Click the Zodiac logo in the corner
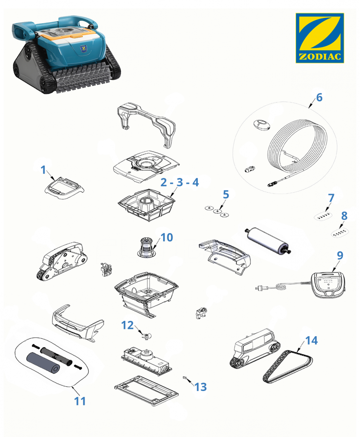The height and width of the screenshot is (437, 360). pos(320,38)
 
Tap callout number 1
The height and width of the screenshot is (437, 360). pos(43,169)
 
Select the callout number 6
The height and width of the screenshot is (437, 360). pos(319,97)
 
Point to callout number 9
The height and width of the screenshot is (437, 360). pos(340,255)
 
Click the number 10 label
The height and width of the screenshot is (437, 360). pos(167,238)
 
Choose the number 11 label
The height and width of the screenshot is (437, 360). pos(80,401)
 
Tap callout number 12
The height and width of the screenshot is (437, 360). pos(127,325)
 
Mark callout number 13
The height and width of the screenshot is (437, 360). pos(200,387)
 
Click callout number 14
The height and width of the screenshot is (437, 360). pos(311,340)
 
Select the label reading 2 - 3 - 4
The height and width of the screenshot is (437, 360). pos(180,182)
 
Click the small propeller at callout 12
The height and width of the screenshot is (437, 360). pos(146,337)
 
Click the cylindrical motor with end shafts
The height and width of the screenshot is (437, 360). pos(268,241)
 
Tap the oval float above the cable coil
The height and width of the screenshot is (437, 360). pos(262,125)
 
